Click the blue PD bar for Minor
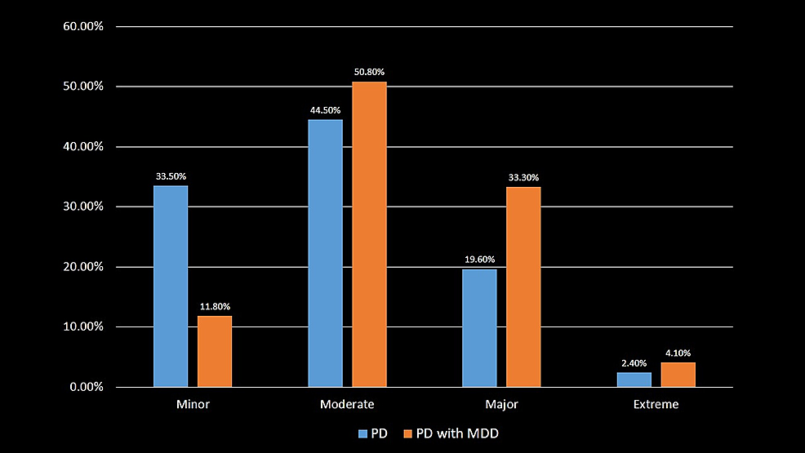click(x=171, y=286)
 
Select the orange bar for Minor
click(x=215, y=351)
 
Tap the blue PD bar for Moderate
click(x=325, y=253)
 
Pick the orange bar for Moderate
click(x=369, y=234)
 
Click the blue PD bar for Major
click(x=479, y=328)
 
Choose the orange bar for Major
click(x=523, y=286)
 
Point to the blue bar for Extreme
click(x=634, y=380)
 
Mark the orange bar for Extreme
click(x=678, y=375)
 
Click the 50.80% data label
click(x=369, y=72)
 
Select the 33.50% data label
click(x=171, y=175)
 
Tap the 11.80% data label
click(x=215, y=306)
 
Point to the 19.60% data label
click(x=479, y=260)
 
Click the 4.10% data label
click(x=678, y=353)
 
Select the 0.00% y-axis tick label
click(x=86, y=387)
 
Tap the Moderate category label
click(x=347, y=404)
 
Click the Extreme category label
click(x=656, y=404)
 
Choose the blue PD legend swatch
click(x=363, y=433)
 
